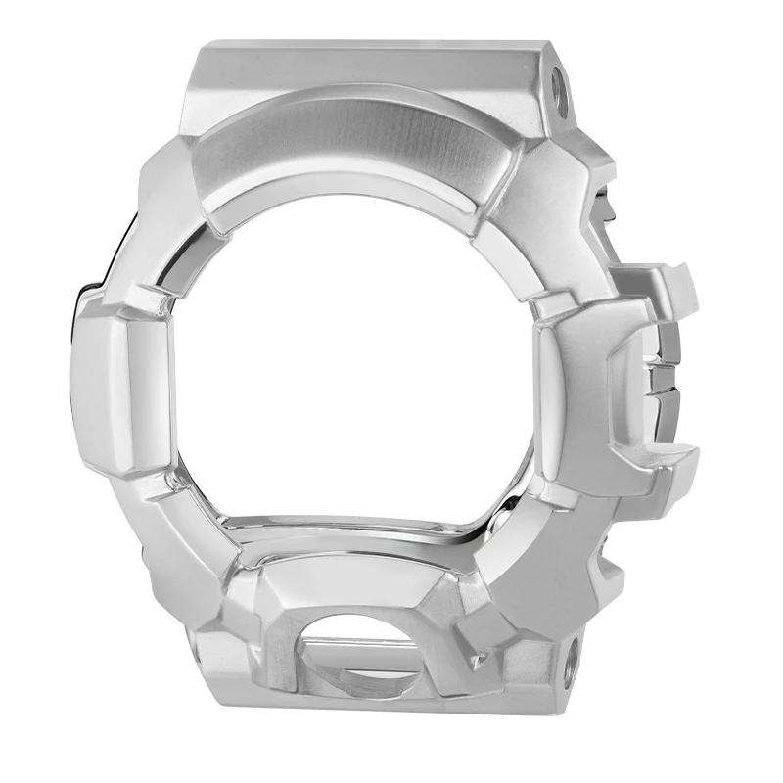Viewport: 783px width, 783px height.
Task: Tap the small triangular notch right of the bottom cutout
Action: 480,661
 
